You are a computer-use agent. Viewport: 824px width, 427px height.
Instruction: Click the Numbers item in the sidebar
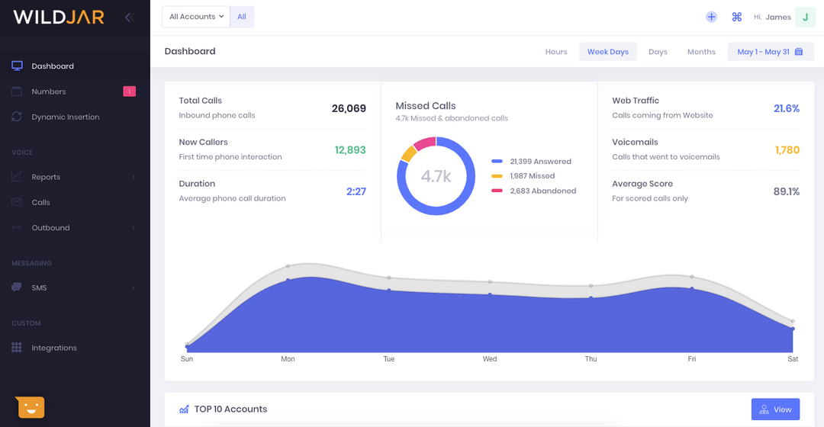click(49, 91)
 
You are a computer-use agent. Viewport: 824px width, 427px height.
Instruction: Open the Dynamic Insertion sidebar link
click(65, 117)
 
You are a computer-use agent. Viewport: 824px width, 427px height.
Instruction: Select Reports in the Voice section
click(46, 177)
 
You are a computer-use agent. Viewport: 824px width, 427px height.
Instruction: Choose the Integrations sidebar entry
click(53, 348)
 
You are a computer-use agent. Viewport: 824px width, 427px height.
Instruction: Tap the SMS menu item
click(39, 287)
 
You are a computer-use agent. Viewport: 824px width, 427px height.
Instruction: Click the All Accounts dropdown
click(196, 17)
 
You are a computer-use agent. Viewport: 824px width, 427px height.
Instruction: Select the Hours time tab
click(555, 52)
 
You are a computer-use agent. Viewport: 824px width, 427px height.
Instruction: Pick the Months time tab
click(700, 52)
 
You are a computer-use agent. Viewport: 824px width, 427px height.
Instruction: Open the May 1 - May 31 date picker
click(770, 52)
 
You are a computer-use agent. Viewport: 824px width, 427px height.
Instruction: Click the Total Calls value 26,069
click(349, 108)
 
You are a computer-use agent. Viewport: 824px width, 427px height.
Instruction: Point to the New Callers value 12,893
click(350, 150)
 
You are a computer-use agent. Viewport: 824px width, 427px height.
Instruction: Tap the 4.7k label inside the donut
click(436, 176)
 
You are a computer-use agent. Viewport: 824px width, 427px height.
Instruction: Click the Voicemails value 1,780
click(787, 150)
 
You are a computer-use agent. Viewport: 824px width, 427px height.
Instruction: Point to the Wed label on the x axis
click(490, 359)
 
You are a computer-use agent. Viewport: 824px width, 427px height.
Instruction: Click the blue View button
click(775, 409)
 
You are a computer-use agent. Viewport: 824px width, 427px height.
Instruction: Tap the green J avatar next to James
click(805, 17)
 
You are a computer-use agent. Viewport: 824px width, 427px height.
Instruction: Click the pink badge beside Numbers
click(129, 91)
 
